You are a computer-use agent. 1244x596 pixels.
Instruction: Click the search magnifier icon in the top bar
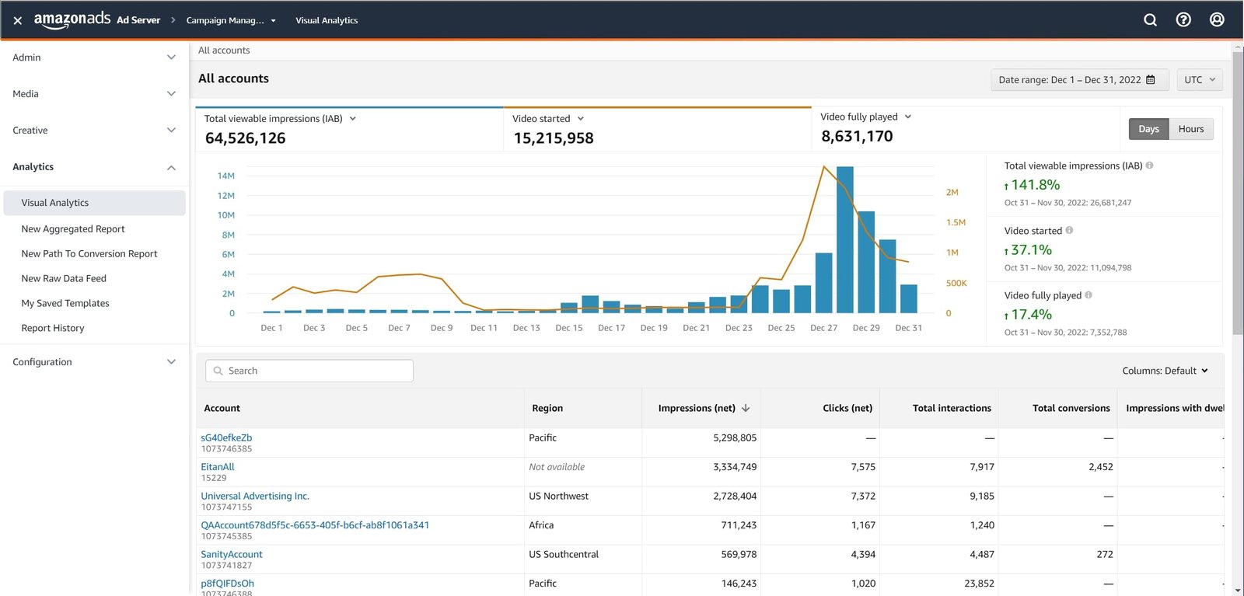1150,20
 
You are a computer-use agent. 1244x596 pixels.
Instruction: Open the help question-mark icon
1183,20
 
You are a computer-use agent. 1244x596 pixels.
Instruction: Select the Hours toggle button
1190,129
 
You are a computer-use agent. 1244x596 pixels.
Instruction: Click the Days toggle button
1148,129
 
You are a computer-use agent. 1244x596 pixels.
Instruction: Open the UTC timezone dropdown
1199,80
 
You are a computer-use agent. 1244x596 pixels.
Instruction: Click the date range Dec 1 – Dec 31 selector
1076,80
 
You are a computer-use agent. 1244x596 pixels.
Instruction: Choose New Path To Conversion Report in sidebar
89,254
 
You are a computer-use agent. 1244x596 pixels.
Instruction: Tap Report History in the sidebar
53,328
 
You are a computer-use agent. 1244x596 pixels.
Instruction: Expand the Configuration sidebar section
93,362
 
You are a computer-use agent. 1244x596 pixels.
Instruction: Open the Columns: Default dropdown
1164,371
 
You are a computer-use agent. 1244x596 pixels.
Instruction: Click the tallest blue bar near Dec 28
844,239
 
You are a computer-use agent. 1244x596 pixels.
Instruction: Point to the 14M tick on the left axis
226,176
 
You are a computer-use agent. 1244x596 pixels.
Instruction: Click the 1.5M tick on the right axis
956,222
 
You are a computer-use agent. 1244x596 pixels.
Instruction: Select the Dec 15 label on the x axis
568,328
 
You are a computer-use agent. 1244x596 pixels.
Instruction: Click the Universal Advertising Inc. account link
255,496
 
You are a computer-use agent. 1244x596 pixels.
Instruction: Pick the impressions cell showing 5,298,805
734,438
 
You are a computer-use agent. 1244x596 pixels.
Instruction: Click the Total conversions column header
1071,408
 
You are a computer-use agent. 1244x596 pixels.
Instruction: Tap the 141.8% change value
1035,185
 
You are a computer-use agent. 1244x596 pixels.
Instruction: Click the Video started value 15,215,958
553,138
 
